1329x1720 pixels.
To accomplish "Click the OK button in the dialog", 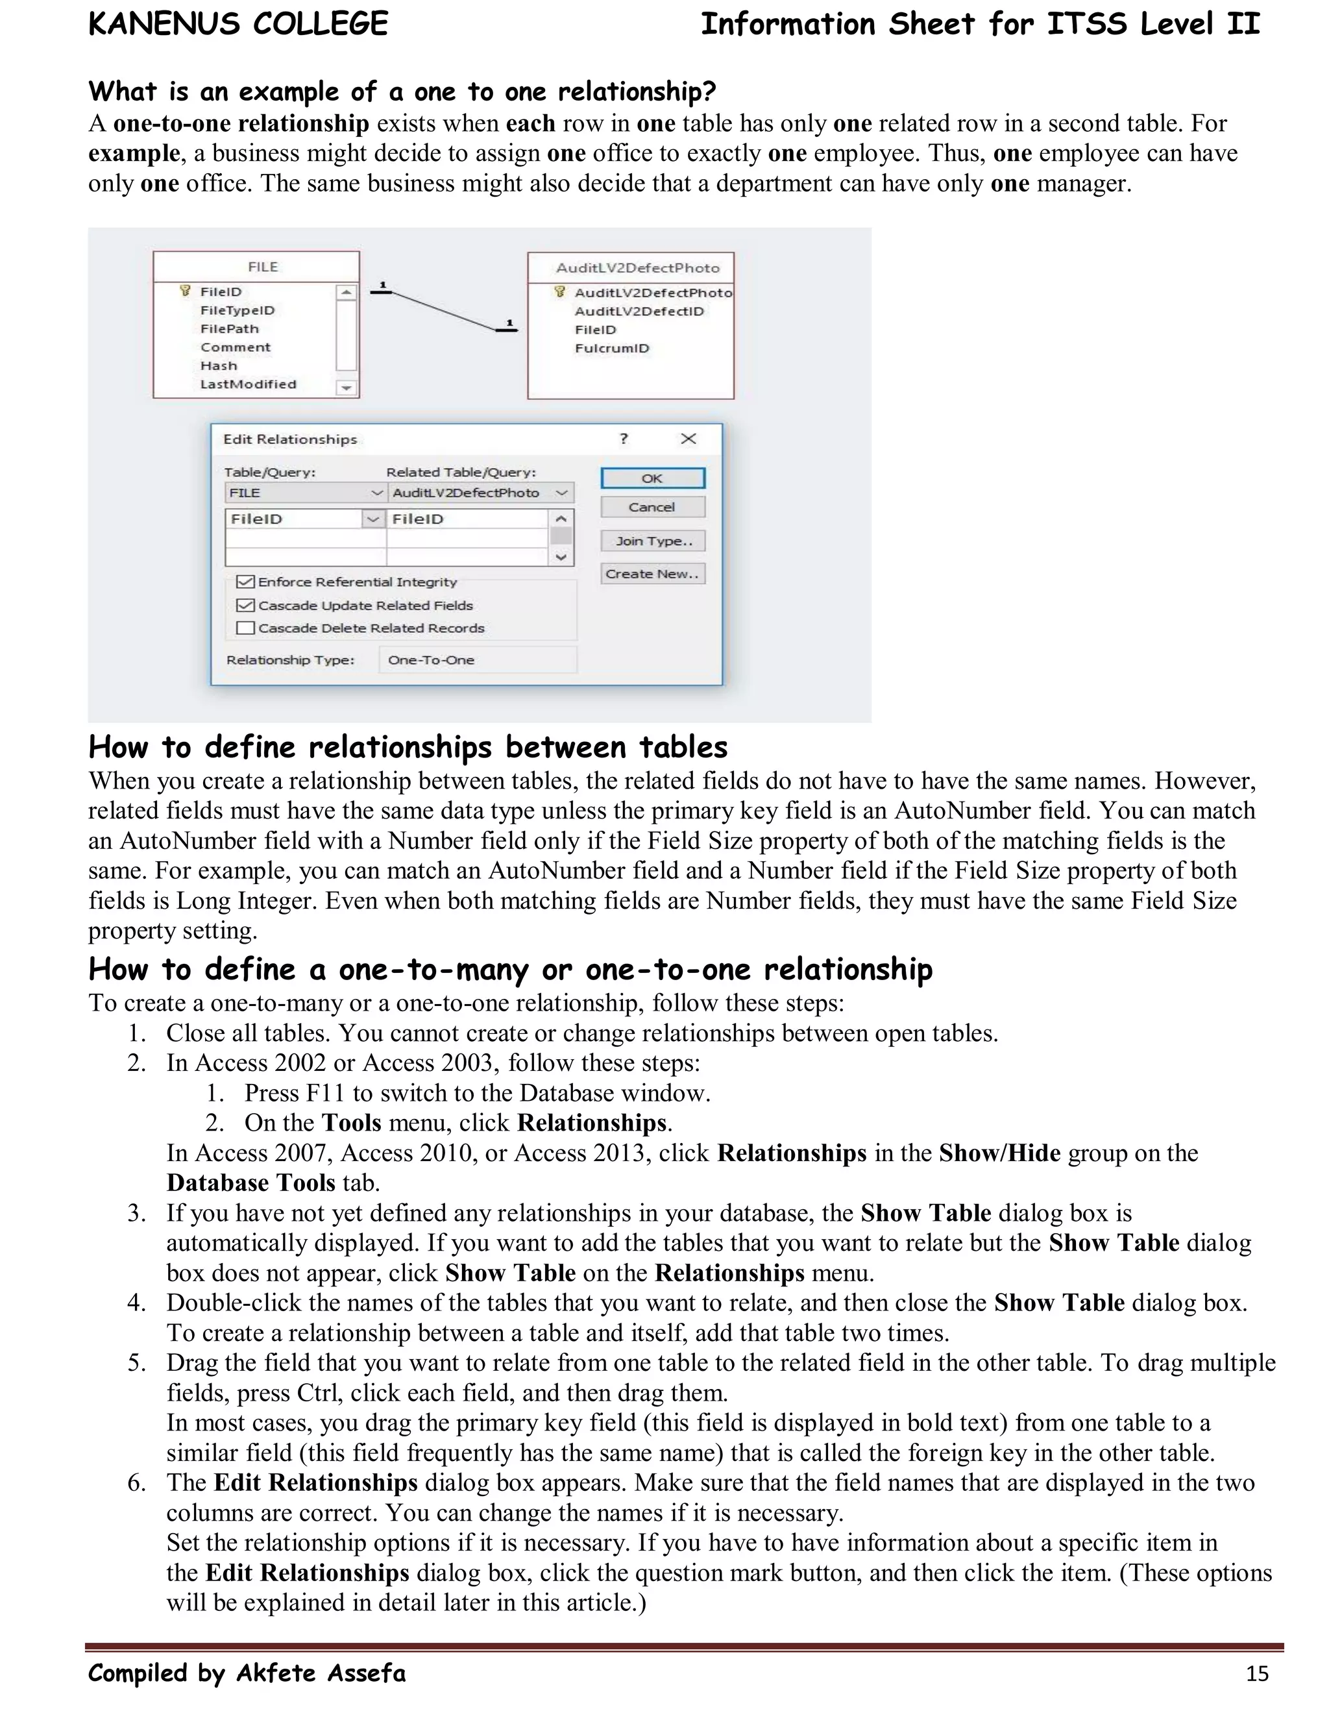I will coord(652,478).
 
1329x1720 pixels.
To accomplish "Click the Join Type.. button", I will coord(653,541).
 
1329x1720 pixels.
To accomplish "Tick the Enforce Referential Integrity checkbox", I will coord(246,582).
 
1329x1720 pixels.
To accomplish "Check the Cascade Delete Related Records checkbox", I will coord(246,628).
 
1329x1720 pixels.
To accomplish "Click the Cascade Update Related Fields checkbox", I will coord(246,606).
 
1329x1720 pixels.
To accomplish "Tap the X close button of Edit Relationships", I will coord(688,439).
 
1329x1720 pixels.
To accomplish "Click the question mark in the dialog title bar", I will coord(624,439).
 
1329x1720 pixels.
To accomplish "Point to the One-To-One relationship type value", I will coord(432,660).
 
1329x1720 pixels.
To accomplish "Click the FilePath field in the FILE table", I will coord(229,329).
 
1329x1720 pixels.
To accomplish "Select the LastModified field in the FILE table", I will coord(248,384).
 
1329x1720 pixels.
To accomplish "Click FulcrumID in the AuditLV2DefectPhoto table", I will coord(612,348).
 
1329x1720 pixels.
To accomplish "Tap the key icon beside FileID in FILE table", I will coord(186,291).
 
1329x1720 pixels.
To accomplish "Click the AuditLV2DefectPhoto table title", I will coord(638,268).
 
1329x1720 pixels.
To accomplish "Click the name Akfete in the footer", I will coord(277,1673).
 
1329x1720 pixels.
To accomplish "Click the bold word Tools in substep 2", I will coord(351,1122).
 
